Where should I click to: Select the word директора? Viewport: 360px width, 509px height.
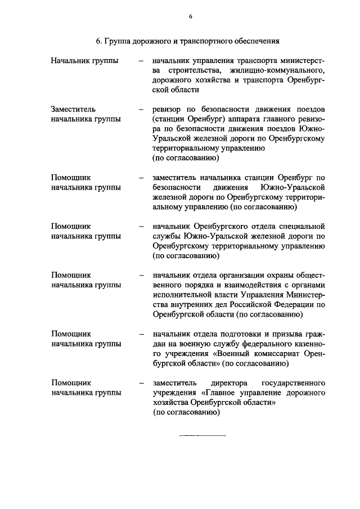[229, 382]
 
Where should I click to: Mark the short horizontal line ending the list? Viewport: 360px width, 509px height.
[202, 435]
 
